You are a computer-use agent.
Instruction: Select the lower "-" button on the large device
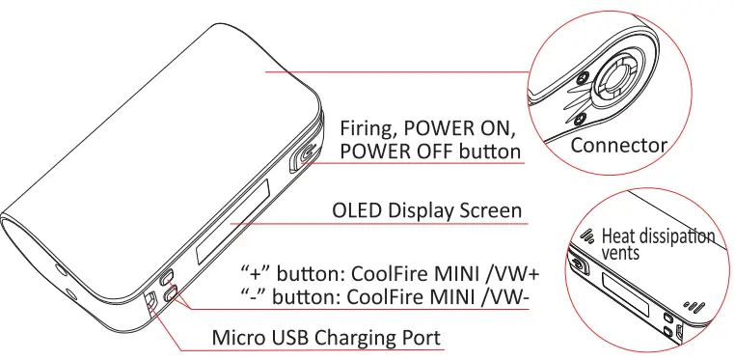169,295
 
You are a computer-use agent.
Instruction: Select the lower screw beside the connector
580,119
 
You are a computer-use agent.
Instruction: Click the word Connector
618,146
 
